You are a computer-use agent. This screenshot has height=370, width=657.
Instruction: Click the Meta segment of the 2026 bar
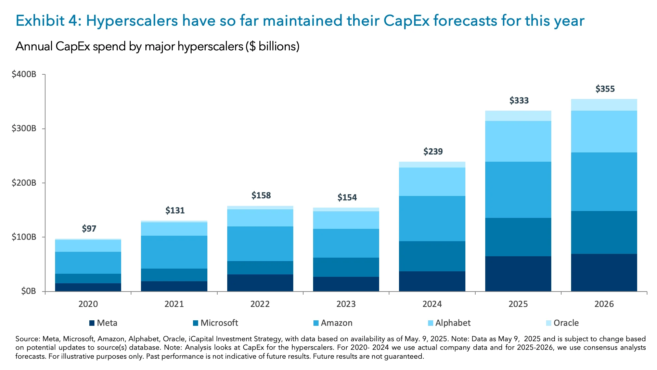[x=604, y=272]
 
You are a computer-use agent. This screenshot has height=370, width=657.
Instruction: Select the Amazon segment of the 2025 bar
[x=518, y=190]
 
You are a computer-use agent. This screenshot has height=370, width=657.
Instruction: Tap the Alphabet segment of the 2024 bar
[x=432, y=182]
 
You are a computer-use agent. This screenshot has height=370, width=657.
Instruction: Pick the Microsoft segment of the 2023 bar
[x=346, y=267]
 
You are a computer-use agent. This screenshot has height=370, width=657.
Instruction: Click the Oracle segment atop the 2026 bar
[x=604, y=105]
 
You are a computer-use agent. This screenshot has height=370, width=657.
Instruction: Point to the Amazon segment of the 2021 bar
[x=174, y=252]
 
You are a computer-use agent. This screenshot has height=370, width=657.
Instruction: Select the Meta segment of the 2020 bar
[x=88, y=287]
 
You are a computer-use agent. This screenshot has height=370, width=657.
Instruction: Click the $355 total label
[x=605, y=89]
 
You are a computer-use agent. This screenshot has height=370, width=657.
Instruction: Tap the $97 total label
[x=89, y=229]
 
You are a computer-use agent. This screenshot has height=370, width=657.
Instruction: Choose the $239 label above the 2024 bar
[x=433, y=151]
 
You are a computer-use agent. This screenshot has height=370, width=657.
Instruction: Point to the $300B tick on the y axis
[x=24, y=128]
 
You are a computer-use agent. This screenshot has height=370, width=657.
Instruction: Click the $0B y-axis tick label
[x=28, y=291]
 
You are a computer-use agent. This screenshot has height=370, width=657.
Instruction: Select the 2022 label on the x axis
[x=260, y=304]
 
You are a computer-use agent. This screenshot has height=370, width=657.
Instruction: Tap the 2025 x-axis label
[x=518, y=304]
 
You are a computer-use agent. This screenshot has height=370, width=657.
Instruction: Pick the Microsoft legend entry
[x=219, y=323]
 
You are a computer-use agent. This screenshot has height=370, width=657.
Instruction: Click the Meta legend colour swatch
[x=92, y=323]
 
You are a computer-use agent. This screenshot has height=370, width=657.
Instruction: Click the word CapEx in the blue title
[x=406, y=21]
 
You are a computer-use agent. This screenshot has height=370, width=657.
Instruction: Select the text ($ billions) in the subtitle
[x=272, y=46]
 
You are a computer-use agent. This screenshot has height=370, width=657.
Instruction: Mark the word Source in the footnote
[x=27, y=339]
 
